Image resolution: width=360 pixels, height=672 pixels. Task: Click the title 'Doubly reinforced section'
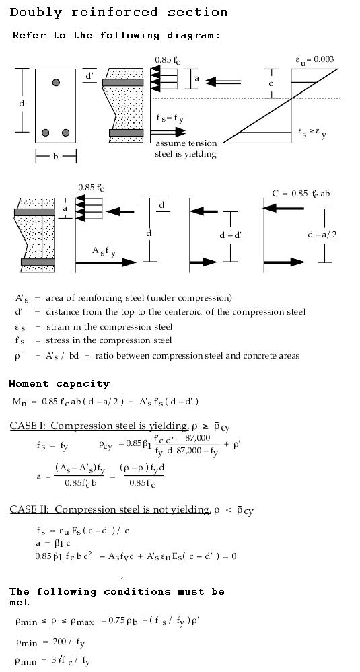pos(119,12)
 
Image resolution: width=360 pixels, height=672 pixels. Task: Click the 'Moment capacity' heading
pos(59,384)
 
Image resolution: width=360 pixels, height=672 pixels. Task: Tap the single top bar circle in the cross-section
pos(57,83)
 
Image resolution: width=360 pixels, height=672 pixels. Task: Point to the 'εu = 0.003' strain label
pos(314,60)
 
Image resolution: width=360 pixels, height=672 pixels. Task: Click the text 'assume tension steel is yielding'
pos(186,149)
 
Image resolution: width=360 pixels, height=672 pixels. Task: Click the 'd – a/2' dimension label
pos(322,235)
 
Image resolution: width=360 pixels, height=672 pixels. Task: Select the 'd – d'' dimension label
pos(231,235)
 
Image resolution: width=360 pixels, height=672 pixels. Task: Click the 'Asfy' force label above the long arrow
pos(104,252)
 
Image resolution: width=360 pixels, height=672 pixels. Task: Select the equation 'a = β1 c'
pos(52,543)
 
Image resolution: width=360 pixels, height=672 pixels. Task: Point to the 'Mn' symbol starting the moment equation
pos(20,402)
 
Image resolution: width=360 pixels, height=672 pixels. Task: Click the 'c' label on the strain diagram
pos(271,84)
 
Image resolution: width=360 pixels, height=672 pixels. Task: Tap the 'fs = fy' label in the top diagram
pos(170,118)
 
